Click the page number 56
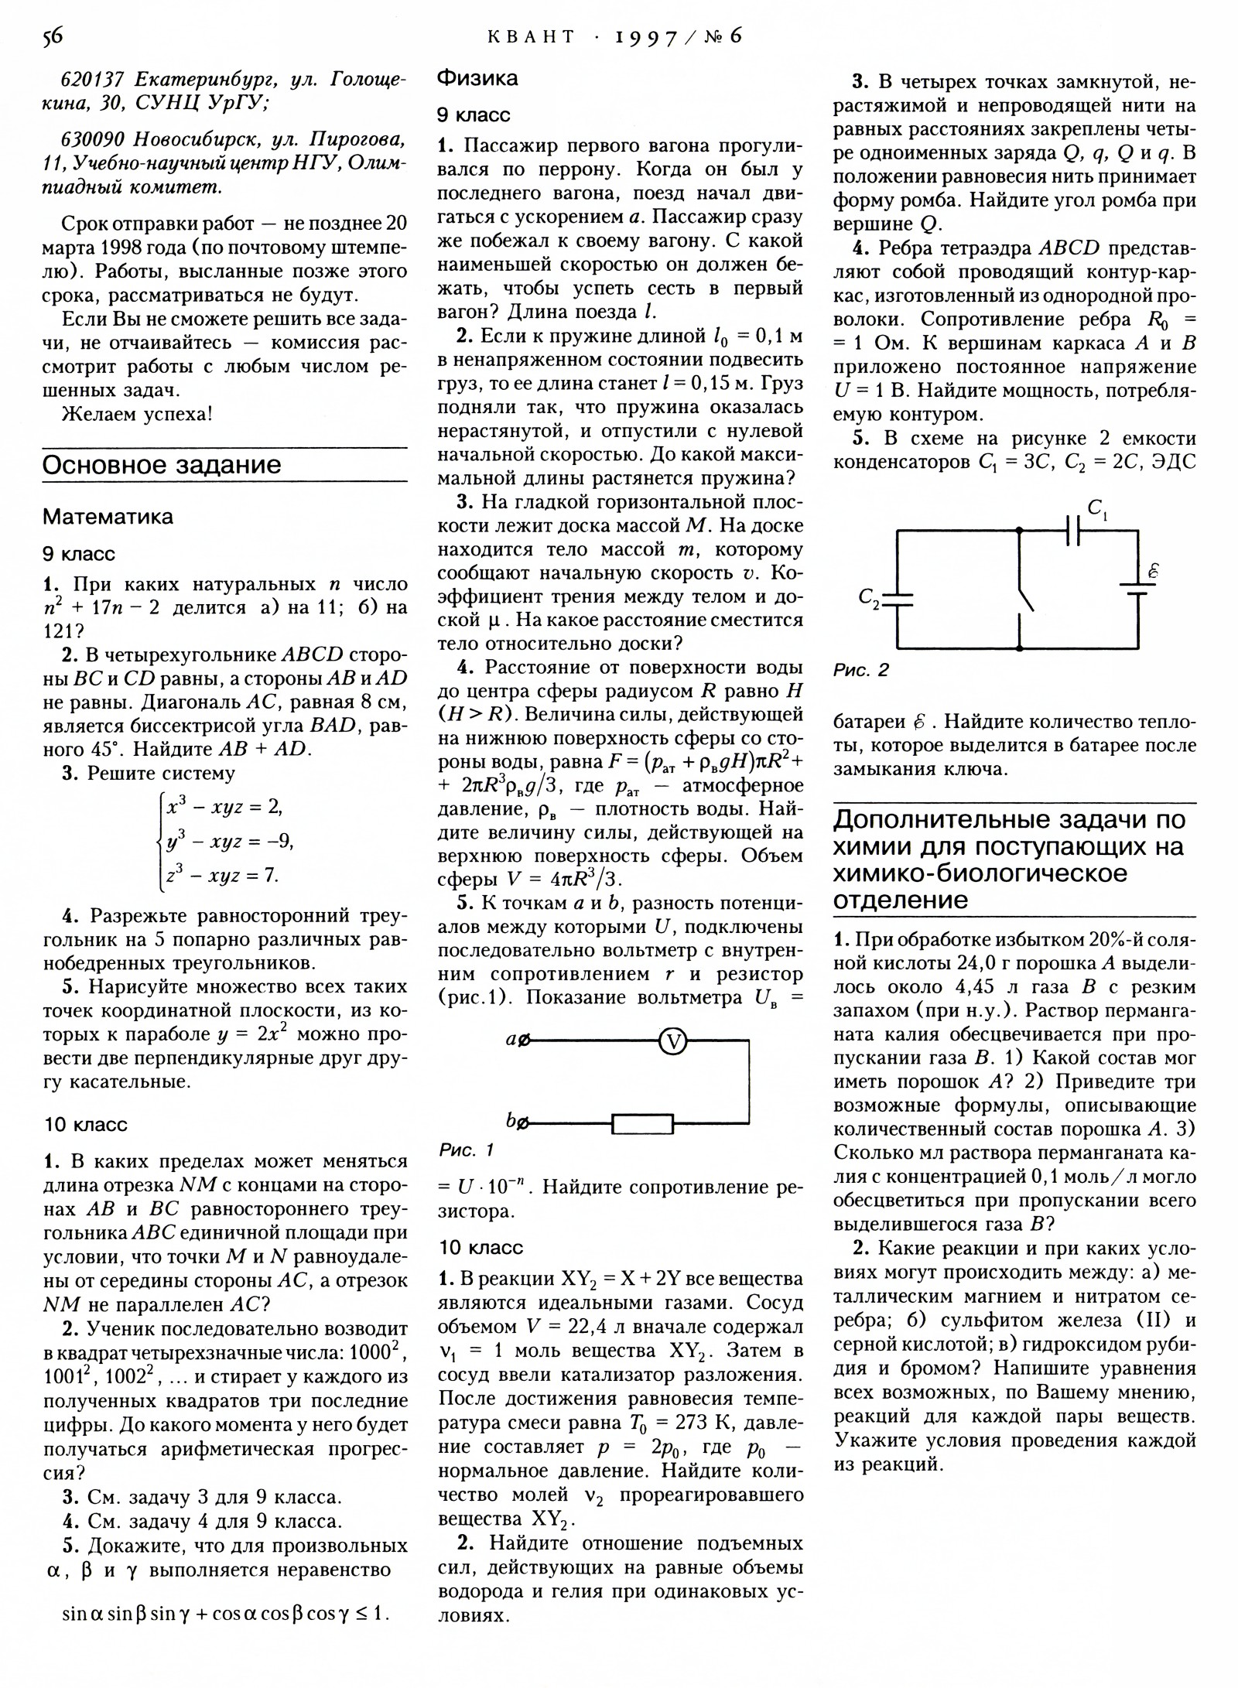coord(53,36)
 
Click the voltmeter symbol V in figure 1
coord(672,1042)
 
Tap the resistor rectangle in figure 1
coord(642,1123)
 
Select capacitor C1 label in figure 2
coord(1096,509)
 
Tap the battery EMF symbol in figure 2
coord(1153,572)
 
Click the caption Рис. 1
coord(466,1150)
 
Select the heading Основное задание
coord(162,465)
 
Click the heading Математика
coord(108,516)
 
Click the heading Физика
coord(477,78)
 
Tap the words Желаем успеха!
coord(137,414)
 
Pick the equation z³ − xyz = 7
coord(222,875)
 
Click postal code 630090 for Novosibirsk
coord(92,139)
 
